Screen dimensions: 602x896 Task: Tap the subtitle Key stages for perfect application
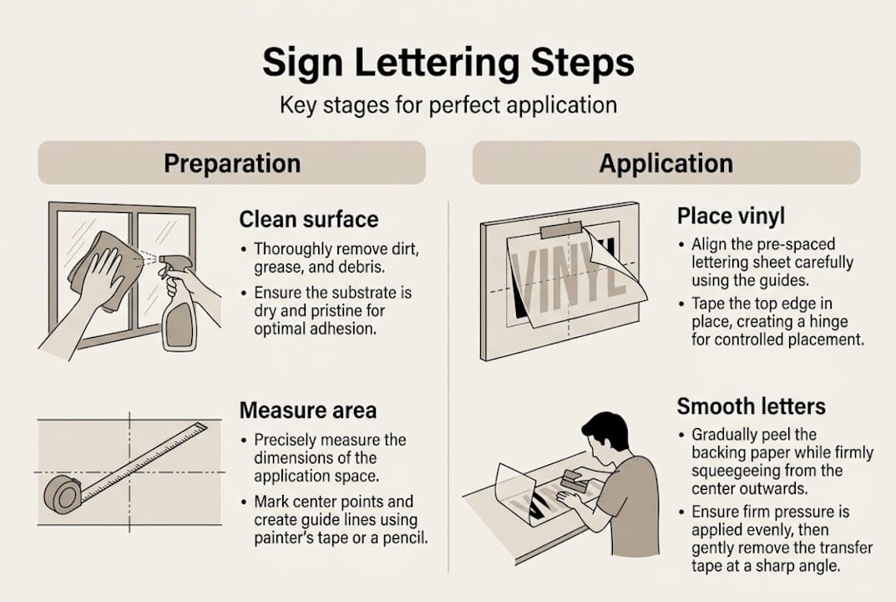pos(448,106)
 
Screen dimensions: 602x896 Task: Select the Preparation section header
pos(232,162)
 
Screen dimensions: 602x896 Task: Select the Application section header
pos(666,162)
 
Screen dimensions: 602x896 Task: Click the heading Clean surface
pos(308,220)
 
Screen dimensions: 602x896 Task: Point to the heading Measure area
pos(307,411)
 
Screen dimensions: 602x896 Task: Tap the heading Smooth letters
pos(751,407)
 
